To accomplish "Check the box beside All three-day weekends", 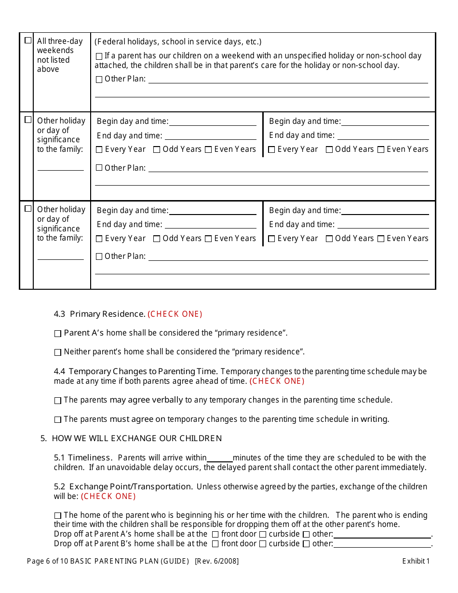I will (28, 40).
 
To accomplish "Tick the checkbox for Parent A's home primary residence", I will (58, 334).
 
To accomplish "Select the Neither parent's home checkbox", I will (58, 352).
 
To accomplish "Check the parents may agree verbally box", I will (58, 401).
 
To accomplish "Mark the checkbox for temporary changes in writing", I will (58, 420).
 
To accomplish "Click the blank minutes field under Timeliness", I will (219, 458).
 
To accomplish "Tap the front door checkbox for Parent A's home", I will (216, 534).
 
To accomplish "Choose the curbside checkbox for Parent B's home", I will (263, 544).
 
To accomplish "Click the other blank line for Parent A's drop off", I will (382, 534).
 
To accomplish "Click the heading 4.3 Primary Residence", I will (99, 314).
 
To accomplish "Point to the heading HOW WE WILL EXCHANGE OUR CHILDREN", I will (136, 439).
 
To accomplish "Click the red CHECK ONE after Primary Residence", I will (175, 314).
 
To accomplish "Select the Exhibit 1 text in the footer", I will (416, 561).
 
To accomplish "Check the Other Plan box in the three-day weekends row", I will (99, 80).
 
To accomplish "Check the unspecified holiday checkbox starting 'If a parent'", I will (99, 56).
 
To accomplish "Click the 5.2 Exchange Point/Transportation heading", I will (123, 487).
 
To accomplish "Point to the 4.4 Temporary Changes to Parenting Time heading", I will (136, 372).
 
